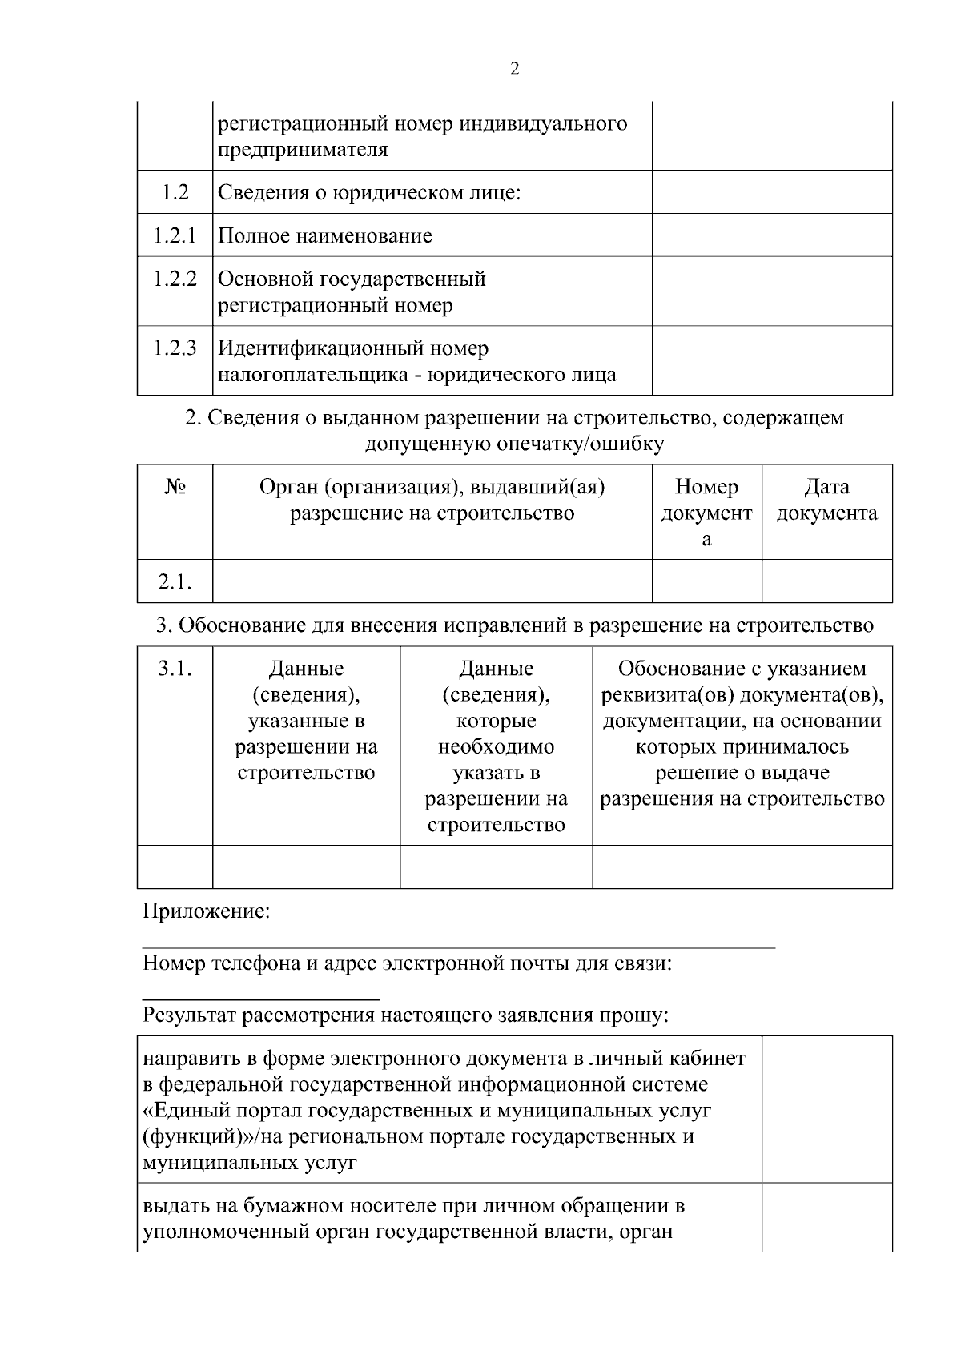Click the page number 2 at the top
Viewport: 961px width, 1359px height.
coord(514,69)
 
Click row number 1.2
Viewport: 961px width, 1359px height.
coord(175,192)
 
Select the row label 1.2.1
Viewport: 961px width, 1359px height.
coord(175,235)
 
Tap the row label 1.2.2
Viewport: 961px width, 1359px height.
coord(175,279)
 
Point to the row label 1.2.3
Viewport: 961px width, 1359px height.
coord(175,348)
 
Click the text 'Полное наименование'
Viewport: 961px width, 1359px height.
coord(325,236)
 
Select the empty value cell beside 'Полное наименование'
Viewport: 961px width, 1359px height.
coord(772,235)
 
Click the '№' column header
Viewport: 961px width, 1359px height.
coord(175,488)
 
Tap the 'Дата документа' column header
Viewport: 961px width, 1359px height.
coord(826,500)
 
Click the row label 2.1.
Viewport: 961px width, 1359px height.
coord(175,582)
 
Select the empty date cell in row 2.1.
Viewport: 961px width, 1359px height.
coord(826,581)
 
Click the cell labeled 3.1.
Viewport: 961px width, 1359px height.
coord(175,669)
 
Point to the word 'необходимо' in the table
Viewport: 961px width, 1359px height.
coord(496,747)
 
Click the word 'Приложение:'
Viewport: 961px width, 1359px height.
coord(206,911)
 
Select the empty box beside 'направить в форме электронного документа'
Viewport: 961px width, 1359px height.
coord(826,1109)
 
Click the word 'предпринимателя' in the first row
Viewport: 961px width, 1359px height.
coord(303,150)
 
